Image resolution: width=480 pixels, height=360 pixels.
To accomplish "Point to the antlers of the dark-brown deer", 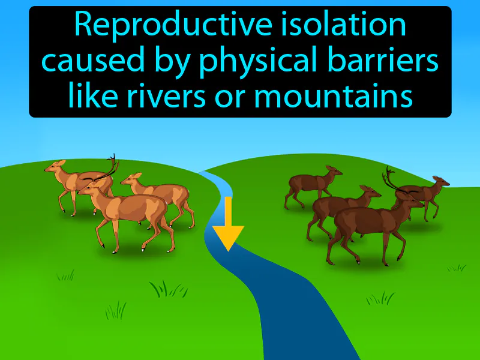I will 392,178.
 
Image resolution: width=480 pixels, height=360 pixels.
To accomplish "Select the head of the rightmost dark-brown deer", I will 440,181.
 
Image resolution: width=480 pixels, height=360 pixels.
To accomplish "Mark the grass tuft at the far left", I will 65,275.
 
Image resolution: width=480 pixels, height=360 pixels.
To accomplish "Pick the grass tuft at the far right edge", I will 457,268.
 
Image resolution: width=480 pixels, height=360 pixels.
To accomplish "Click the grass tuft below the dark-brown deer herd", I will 381,298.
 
